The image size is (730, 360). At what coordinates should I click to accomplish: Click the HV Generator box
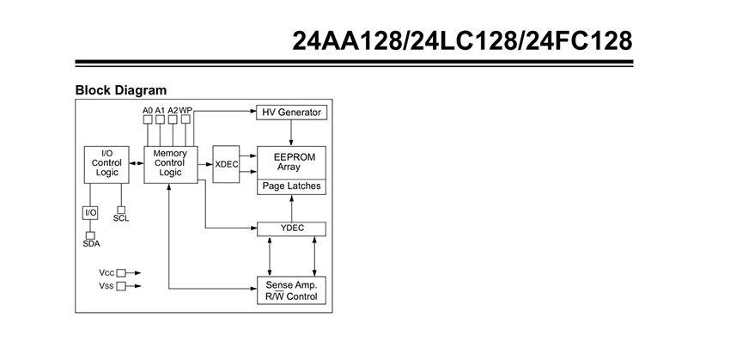pyautogui.click(x=291, y=113)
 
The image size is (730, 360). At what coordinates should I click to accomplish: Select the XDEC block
pyautogui.click(x=226, y=164)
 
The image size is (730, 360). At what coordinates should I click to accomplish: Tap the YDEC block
pyautogui.click(x=291, y=229)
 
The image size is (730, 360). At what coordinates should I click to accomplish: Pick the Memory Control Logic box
pyautogui.click(x=171, y=164)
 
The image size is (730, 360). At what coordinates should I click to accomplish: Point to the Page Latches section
pyautogui.click(x=291, y=186)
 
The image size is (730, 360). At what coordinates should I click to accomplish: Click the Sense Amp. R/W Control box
pyautogui.click(x=291, y=290)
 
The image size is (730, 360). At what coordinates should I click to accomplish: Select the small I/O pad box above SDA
pyautogui.click(x=90, y=213)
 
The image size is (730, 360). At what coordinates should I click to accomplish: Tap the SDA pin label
pyautogui.click(x=91, y=243)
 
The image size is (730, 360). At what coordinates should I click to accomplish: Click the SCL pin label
pyautogui.click(x=121, y=218)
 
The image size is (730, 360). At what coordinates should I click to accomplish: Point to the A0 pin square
pyautogui.click(x=148, y=119)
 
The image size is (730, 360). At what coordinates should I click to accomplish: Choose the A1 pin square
pyautogui.click(x=160, y=119)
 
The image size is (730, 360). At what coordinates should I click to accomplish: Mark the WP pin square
pyautogui.click(x=186, y=119)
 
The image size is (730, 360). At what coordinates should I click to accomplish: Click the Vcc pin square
pyautogui.click(x=121, y=273)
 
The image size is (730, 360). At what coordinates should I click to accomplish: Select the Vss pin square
pyautogui.click(x=121, y=286)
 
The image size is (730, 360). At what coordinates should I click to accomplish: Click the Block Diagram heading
pyautogui.click(x=121, y=90)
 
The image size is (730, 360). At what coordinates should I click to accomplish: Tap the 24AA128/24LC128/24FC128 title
pyautogui.click(x=462, y=41)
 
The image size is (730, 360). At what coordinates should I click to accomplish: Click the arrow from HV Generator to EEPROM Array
pyautogui.click(x=291, y=132)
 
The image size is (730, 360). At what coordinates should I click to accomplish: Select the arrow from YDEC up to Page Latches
pyautogui.click(x=291, y=208)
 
